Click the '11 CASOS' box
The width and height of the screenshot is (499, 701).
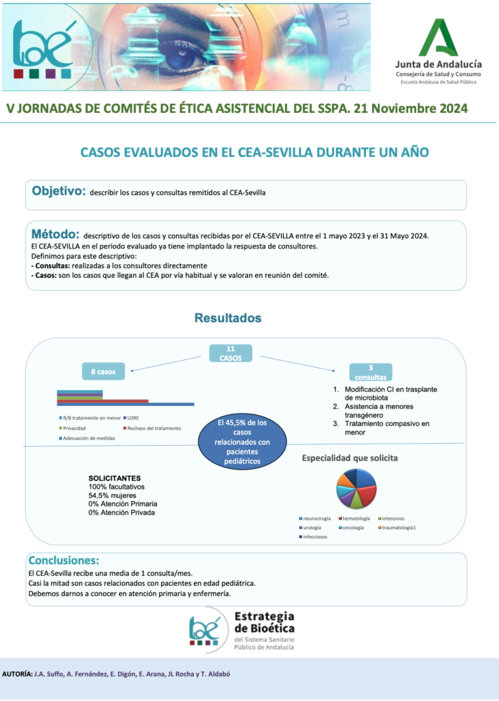click(230, 353)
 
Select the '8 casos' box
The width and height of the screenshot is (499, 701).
click(104, 372)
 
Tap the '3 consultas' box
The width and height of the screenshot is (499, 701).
click(370, 372)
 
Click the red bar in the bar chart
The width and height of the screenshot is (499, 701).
click(103, 401)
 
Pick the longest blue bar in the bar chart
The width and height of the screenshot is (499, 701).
click(125, 405)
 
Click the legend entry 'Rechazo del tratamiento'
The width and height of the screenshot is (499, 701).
click(152, 428)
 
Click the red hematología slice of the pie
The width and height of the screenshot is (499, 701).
click(367, 492)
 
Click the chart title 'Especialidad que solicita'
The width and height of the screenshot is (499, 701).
click(350, 457)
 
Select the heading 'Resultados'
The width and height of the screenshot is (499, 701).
click(228, 318)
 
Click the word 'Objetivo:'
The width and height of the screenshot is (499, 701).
click(58, 191)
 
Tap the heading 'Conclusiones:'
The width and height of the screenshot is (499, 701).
click(64, 559)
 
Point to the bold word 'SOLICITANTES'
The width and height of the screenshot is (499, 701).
click(114, 478)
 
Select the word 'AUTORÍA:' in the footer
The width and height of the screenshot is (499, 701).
click(18, 674)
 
